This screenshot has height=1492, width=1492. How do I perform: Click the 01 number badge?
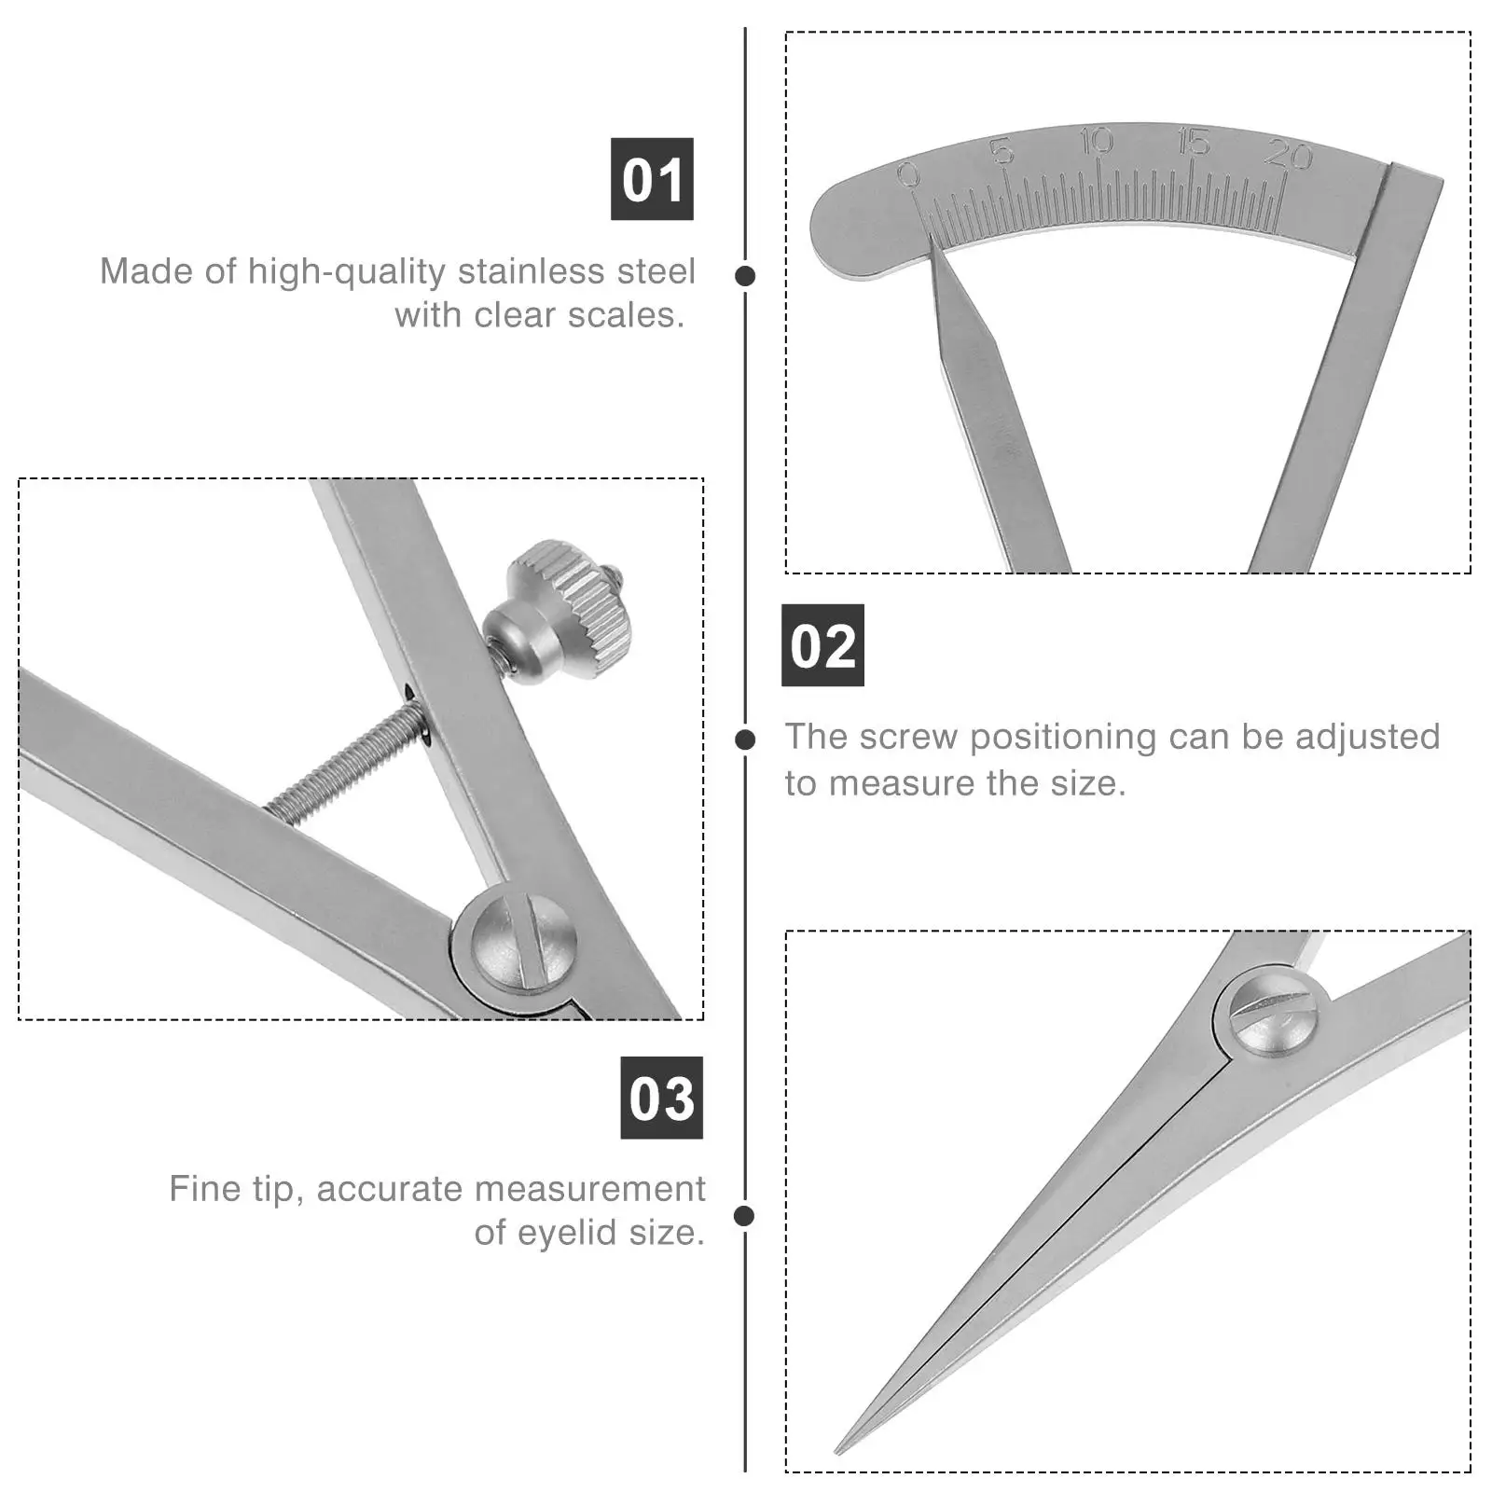(652, 179)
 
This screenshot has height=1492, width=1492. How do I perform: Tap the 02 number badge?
(822, 645)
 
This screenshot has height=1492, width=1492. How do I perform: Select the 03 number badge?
(662, 1098)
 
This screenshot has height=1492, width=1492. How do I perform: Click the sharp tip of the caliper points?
(838, 1450)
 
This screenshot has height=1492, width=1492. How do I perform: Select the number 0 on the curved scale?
(907, 174)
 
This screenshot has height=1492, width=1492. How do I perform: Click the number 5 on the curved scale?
(1002, 150)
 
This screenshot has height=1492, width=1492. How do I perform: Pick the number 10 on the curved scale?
(1097, 141)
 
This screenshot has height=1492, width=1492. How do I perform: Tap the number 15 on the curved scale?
(1193, 143)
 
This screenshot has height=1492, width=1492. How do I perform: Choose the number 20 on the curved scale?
(1289, 154)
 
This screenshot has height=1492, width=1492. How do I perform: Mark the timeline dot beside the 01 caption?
(745, 276)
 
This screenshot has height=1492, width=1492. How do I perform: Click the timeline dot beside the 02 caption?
(745, 739)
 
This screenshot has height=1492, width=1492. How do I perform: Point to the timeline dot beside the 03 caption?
(744, 1216)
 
